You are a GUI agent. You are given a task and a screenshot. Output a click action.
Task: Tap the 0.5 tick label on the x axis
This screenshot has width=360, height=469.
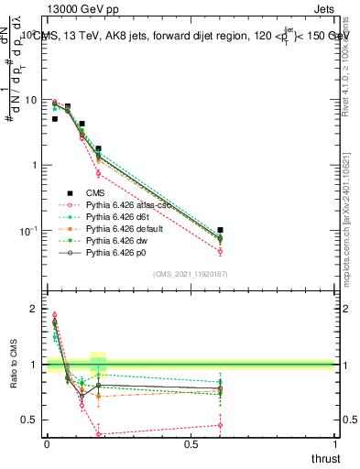coord(191,445)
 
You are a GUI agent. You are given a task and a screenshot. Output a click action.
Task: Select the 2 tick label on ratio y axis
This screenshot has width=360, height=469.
coord(34,310)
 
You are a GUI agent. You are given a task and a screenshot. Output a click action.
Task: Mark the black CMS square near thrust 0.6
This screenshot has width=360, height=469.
coord(220,230)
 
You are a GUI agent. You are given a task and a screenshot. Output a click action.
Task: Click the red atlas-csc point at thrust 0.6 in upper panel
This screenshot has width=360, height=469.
coord(220,251)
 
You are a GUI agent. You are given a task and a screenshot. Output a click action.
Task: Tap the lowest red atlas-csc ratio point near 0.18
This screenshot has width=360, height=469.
coord(98,434)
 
